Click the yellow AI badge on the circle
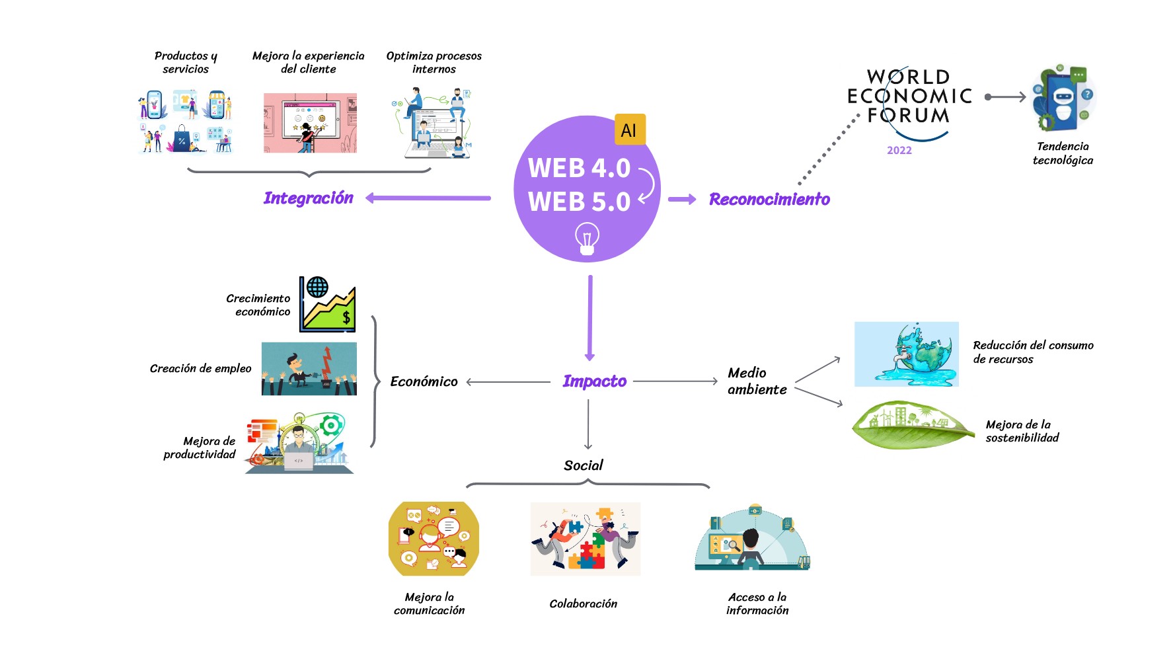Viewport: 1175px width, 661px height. coord(629,130)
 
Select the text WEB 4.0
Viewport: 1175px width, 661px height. coord(579,168)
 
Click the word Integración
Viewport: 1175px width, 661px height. coord(308,198)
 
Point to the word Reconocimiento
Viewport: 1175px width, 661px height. coord(769,199)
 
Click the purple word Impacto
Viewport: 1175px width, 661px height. coord(594,381)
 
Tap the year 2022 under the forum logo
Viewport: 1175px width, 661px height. coord(899,150)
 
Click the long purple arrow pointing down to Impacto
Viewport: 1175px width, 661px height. coord(590,317)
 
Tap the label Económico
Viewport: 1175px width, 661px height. coord(424,381)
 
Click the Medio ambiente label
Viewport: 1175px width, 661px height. coord(757,381)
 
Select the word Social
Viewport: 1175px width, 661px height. coord(583,465)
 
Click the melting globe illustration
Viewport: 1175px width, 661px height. coord(906,354)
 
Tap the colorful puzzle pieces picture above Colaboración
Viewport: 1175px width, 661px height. coord(585,539)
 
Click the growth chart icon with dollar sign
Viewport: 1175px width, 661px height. coord(328,304)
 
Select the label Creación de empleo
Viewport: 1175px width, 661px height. coord(200,368)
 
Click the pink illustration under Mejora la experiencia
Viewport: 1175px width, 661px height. coord(310,123)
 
